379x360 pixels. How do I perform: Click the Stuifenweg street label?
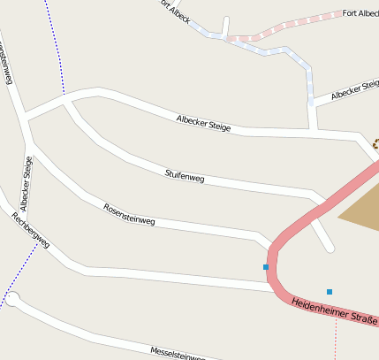tap(185, 177)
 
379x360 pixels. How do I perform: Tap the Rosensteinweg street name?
tap(129, 214)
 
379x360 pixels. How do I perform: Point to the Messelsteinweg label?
tap(178, 354)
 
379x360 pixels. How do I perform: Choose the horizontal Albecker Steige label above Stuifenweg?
tap(203, 123)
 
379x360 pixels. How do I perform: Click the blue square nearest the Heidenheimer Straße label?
tap(330, 291)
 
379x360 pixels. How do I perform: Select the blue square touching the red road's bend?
tap(265, 267)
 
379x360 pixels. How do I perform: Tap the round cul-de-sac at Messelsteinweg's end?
tap(12, 300)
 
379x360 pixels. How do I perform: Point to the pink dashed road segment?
tap(283, 27)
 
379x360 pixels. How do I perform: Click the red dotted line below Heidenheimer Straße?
tap(337, 341)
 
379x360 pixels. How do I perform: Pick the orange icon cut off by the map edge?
tap(375, 142)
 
